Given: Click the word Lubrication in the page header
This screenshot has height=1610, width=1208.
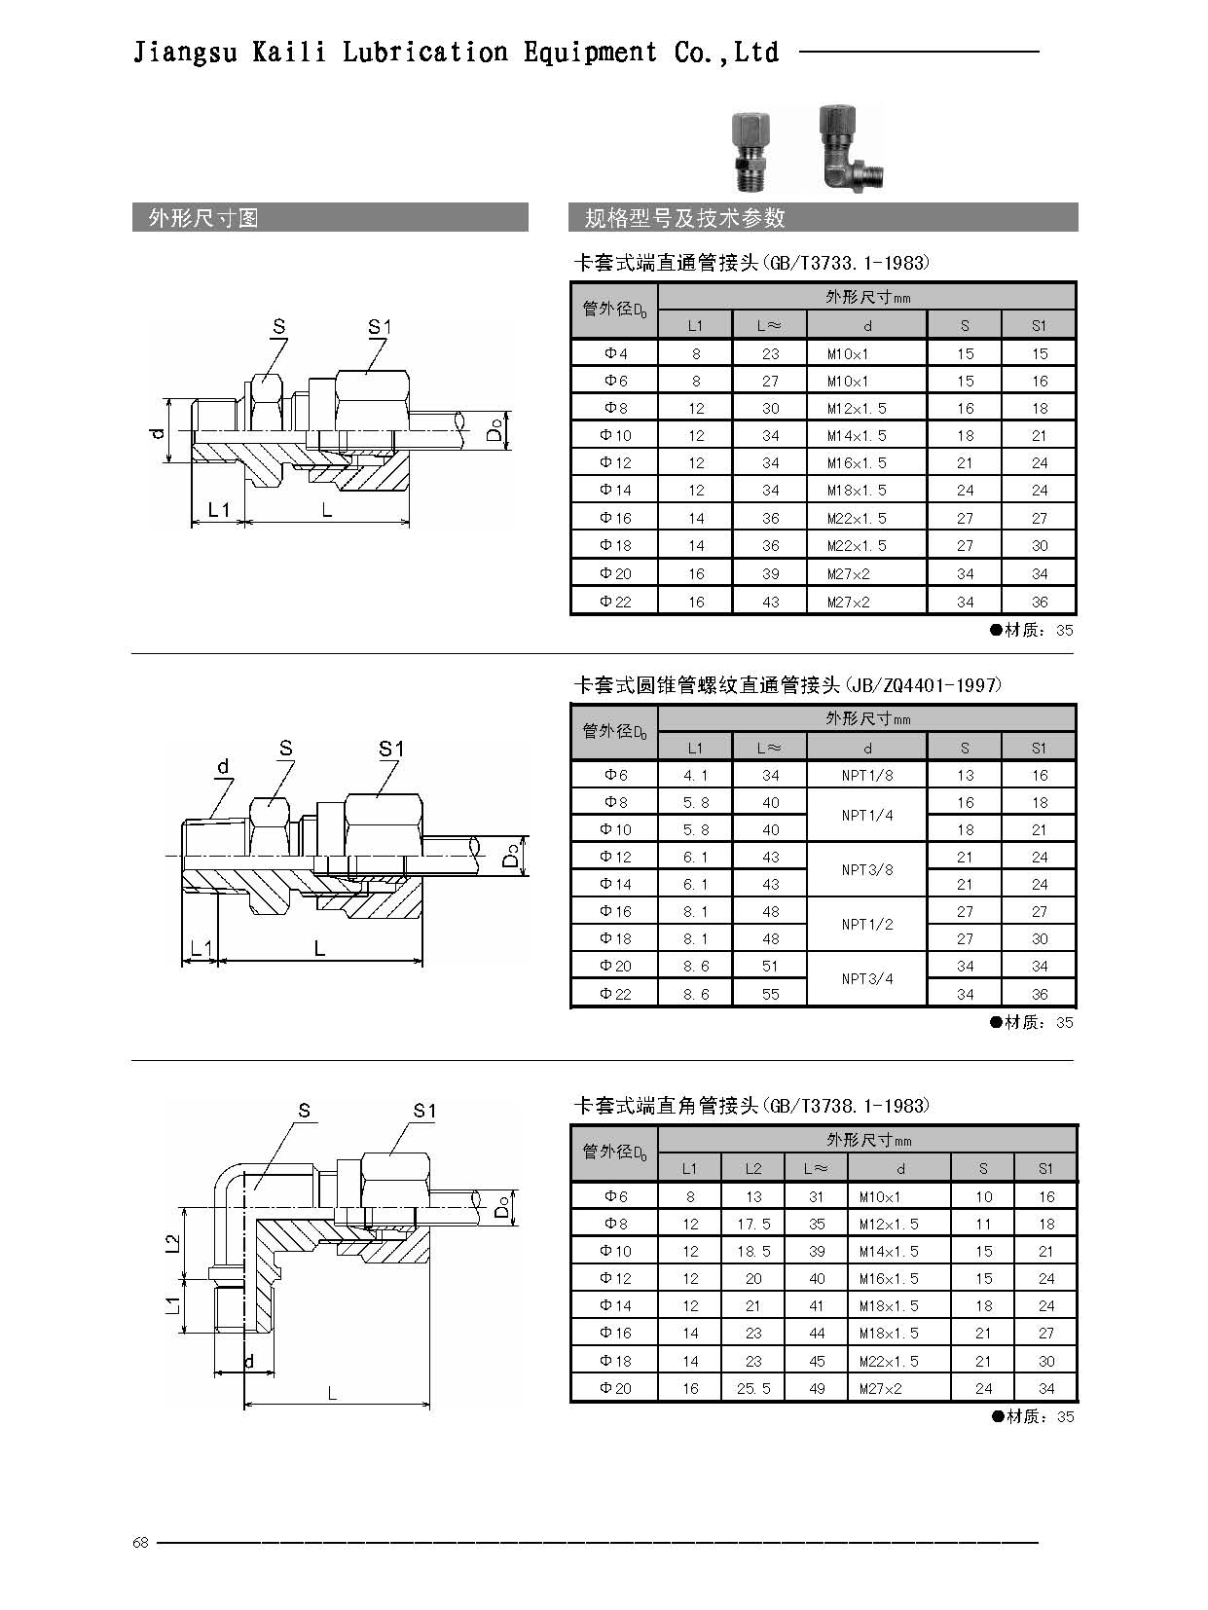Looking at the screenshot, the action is (x=424, y=53).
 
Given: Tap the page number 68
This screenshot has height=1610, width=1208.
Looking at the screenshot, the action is (x=140, y=1543).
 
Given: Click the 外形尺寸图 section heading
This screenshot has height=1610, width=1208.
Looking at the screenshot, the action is (x=203, y=218).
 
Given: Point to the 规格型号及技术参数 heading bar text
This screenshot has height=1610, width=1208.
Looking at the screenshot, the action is (x=684, y=218).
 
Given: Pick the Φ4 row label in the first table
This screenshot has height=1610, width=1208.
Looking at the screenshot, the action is (x=615, y=353).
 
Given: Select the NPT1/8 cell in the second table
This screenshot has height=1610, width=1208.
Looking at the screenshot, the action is (x=867, y=775).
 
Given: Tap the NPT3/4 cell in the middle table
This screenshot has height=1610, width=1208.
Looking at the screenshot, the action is (x=867, y=978).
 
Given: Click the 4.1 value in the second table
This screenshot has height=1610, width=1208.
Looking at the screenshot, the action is (x=695, y=775).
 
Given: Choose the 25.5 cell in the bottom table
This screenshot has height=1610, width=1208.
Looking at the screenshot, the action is (x=753, y=1388).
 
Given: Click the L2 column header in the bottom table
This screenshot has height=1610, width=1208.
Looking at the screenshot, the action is (x=753, y=1168).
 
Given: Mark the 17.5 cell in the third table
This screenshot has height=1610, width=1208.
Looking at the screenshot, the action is (x=753, y=1225).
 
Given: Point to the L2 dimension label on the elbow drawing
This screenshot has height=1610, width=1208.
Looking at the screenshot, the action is (x=172, y=1244).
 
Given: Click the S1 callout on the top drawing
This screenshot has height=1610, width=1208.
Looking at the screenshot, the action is (x=380, y=326).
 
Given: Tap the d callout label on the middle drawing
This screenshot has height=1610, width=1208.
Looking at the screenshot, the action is (x=223, y=766).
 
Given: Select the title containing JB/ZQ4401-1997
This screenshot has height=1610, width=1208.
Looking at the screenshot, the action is (x=787, y=685).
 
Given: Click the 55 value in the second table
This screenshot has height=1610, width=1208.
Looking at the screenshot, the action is (x=770, y=994).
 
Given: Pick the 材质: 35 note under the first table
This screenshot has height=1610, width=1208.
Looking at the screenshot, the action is (x=1031, y=630).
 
